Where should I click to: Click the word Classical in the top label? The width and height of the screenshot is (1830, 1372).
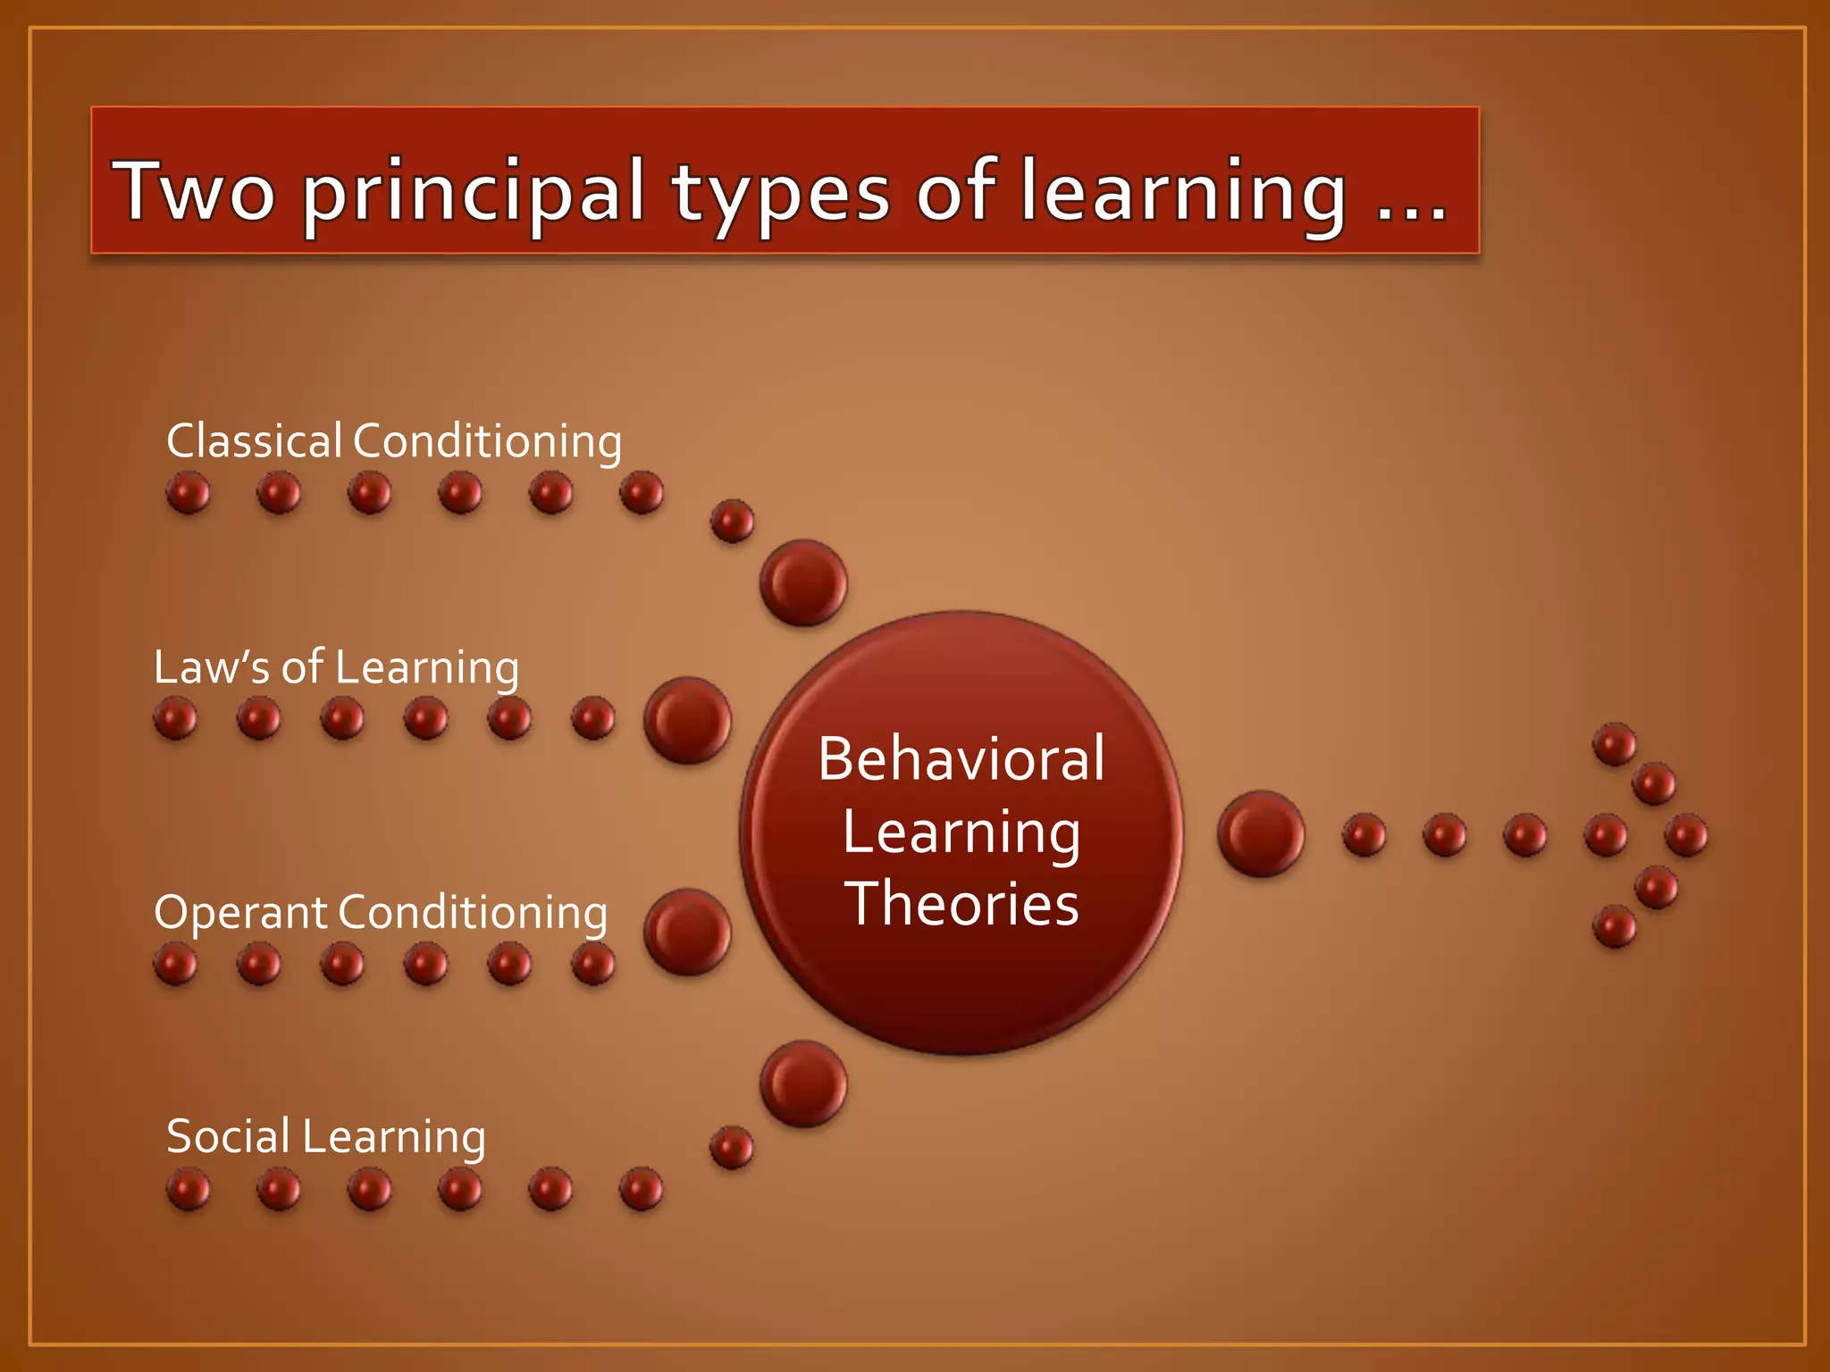click(254, 441)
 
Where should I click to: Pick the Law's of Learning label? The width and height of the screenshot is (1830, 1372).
click(336, 668)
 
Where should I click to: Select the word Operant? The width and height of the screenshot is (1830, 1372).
click(240, 914)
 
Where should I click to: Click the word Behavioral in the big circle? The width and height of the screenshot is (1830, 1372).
click(961, 759)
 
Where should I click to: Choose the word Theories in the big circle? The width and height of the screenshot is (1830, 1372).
click(961, 904)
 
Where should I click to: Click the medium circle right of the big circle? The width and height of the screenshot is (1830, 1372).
click(1261, 833)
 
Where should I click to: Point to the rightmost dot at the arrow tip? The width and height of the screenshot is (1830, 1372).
click(1687, 836)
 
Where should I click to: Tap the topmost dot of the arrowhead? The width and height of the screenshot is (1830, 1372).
click(1615, 744)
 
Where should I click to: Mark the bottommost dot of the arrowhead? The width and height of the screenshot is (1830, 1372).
click(1615, 926)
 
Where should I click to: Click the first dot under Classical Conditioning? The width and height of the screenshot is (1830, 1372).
click(189, 493)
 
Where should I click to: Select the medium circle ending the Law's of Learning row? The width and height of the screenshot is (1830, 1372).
click(687, 720)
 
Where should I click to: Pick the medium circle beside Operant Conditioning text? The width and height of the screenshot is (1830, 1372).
click(687, 932)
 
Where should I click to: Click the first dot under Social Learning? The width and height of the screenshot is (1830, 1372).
click(189, 1190)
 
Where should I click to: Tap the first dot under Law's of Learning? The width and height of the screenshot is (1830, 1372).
click(175, 719)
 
